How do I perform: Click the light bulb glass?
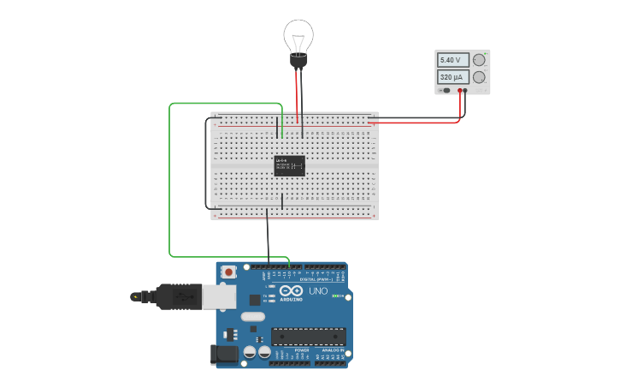pyautogui.click(x=298, y=36)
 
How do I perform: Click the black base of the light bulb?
pyautogui.click(x=298, y=61)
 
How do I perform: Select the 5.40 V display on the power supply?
pyautogui.click(x=452, y=60)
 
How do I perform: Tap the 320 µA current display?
pyautogui.click(x=452, y=77)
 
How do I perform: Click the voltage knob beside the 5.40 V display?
pyautogui.click(x=479, y=59)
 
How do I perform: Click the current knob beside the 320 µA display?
pyautogui.click(x=479, y=77)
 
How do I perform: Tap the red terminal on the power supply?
pyautogui.click(x=459, y=90)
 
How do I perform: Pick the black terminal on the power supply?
pyautogui.click(x=465, y=90)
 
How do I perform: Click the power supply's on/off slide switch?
pyautogui.click(x=445, y=90)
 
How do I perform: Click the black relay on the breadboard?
pyautogui.click(x=289, y=165)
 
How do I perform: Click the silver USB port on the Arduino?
pyautogui.click(x=219, y=296)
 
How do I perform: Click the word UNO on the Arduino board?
pyautogui.click(x=317, y=291)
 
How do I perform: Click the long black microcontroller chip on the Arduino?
pyautogui.click(x=308, y=337)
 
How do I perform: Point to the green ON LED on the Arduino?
pyautogui.click(x=337, y=296)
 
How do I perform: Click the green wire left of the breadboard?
pyautogui.click(x=169, y=180)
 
